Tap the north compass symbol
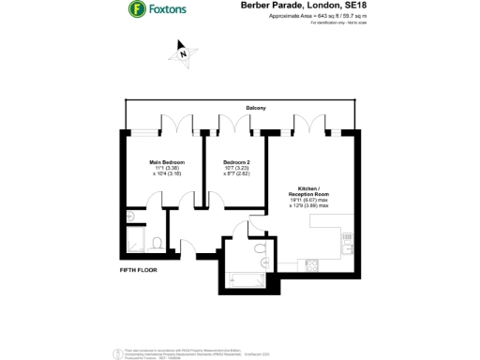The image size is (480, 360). pyautogui.click(x=184, y=52)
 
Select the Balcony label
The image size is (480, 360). pyautogui.click(x=256, y=109)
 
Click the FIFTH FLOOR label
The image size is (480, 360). pyautogui.click(x=137, y=269)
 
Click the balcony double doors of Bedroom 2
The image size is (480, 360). pyautogui.click(x=228, y=123)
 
